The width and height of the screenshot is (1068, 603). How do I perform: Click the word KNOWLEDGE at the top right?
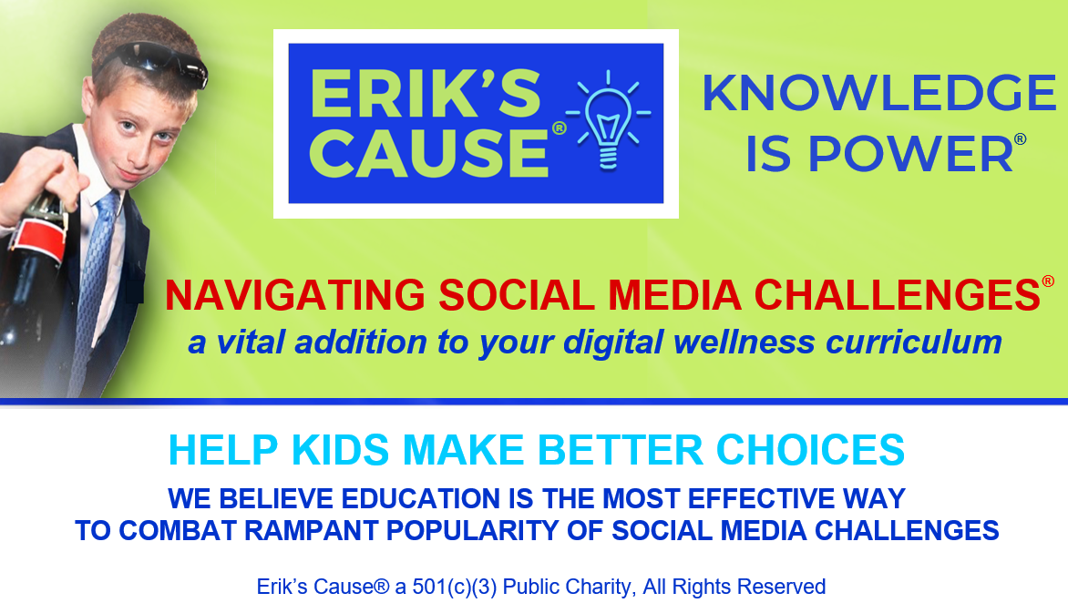pos(878,93)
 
